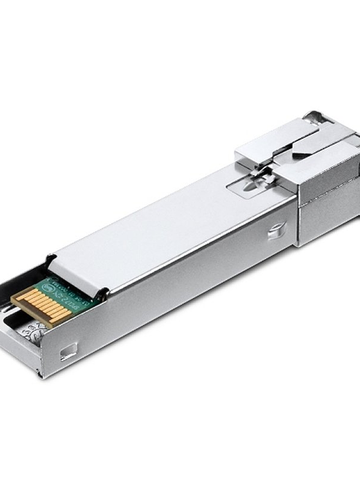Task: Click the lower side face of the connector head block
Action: coord(327,218)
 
